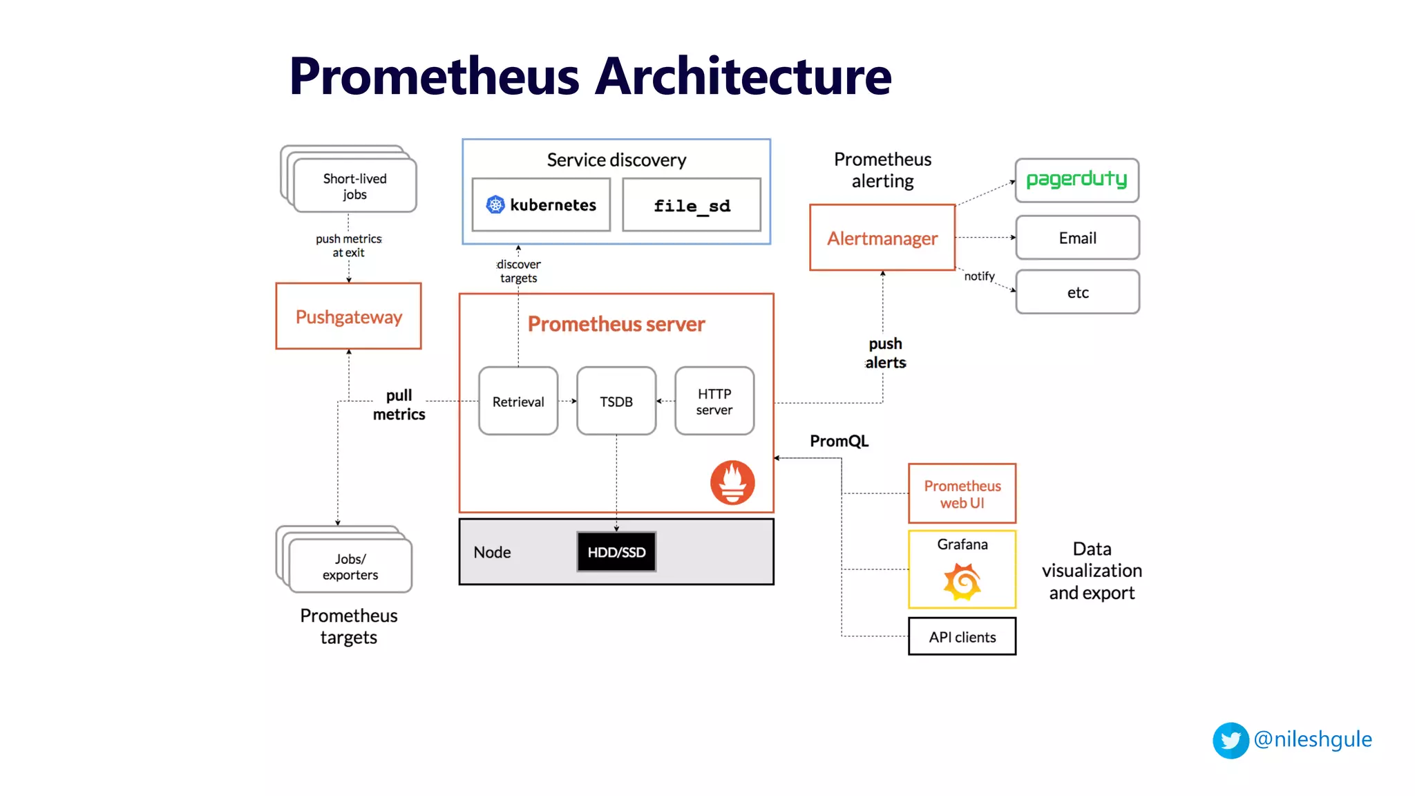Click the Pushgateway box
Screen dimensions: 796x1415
pyautogui.click(x=348, y=316)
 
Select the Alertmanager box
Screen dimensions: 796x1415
pyautogui.click(x=882, y=238)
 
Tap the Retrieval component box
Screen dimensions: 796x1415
pyautogui.click(x=518, y=401)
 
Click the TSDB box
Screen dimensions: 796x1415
pyautogui.click(x=616, y=401)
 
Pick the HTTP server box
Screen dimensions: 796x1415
pyautogui.click(x=714, y=401)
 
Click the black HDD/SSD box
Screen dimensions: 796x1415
pyautogui.click(x=616, y=552)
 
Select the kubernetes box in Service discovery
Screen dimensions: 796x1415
pyautogui.click(x=541, y=205)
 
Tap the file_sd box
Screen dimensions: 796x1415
pyautogui.click(x=692, y=205)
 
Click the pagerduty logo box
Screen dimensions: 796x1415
pyautogui.click(x=1076, y=180)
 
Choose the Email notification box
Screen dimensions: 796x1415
pyautogui.click(x=1077, y=238)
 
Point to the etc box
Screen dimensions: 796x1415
pyautogui.click(x=1077, y=292)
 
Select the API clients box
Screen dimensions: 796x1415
pyautogui.click(x=962, y=636)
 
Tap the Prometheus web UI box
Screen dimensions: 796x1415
pyautogui.click(x=962, y=494)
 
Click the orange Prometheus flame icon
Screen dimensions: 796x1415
pyautogui.click(x=732, y=482)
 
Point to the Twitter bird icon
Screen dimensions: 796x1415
pyautogui.click(x=1231, y=740)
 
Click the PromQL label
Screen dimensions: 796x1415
pyautogui.click(x=839, y=441)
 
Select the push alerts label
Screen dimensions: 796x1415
pyautogui.click(x=885, y=353)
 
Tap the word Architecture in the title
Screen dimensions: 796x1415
pyautogui.click(x=743, y=76)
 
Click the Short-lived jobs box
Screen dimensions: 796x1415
pyautogui.click(x=354, y=186)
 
